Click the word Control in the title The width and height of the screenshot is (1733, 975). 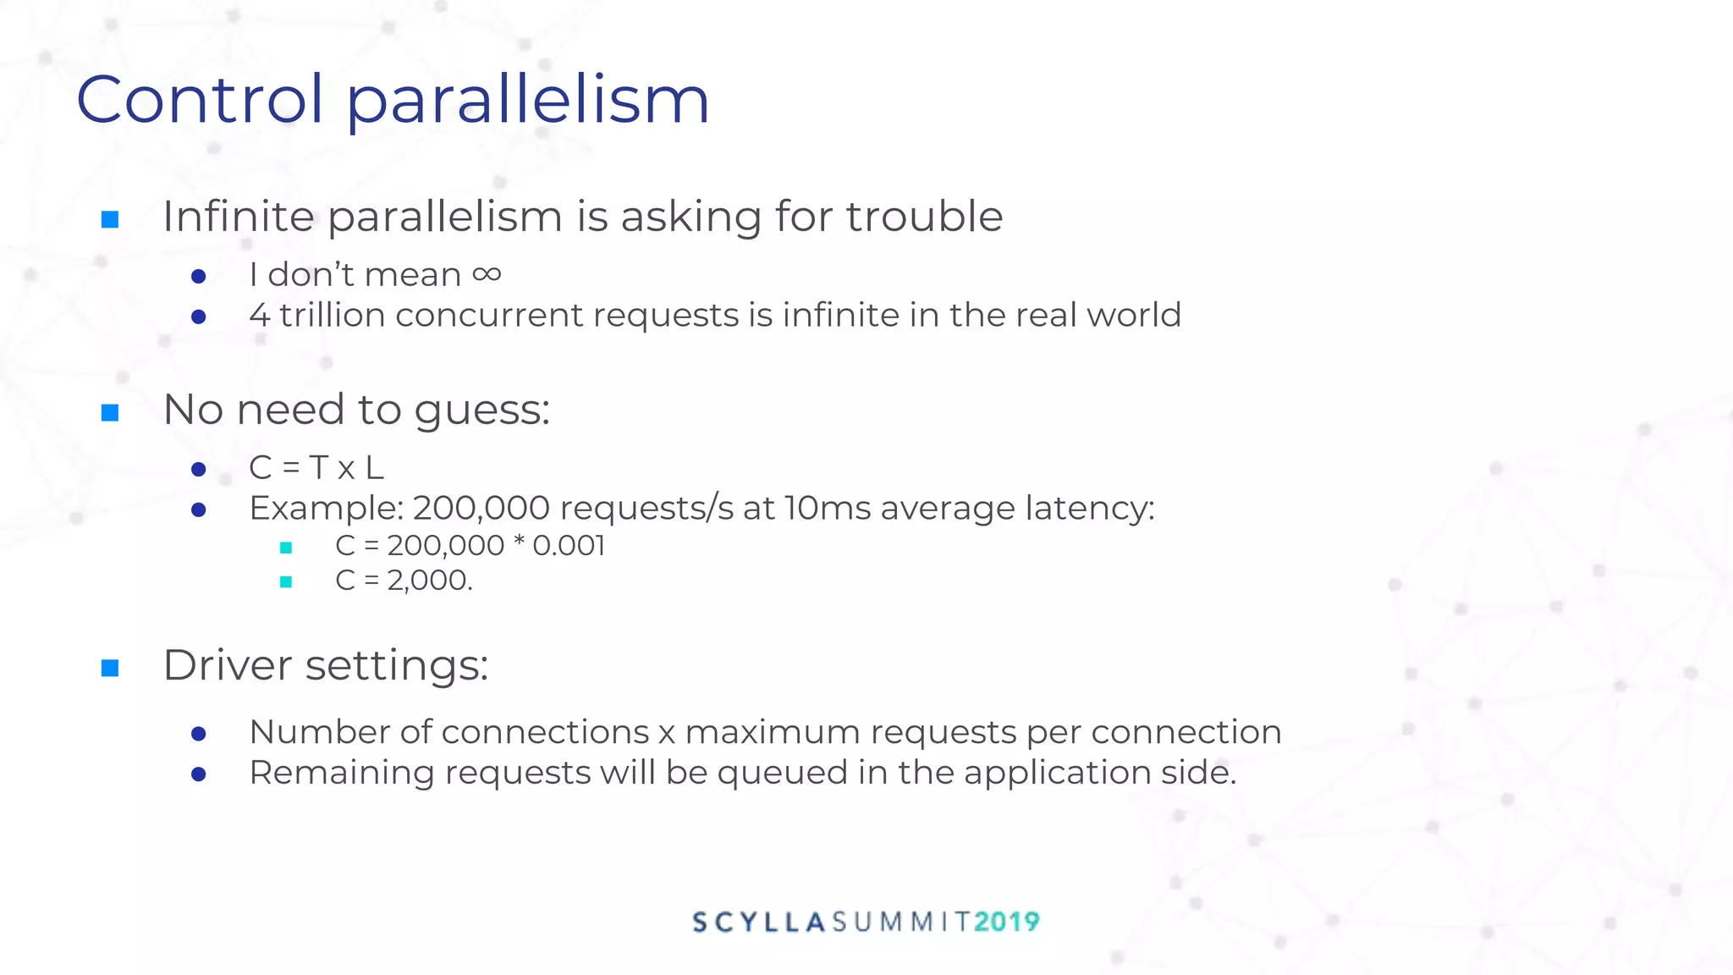[x=200, y=100]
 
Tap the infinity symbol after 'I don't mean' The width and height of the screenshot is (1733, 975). [x=487, y=274]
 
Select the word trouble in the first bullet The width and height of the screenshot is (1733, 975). [x=924, y=217]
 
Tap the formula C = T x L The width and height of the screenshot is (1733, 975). [x=316, y=467]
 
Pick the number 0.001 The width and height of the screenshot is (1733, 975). [x=569, y=546]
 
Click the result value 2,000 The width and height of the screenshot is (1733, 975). [x=427, y=581]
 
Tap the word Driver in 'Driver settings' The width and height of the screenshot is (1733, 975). [x=228, y=665]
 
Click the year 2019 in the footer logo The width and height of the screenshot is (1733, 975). [x=1006, y=922]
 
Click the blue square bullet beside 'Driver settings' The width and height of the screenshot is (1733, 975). [x=110, y=669]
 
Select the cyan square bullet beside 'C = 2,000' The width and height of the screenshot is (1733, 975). [x=286, y=581]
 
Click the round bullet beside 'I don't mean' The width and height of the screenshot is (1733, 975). [x=199, y=276]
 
